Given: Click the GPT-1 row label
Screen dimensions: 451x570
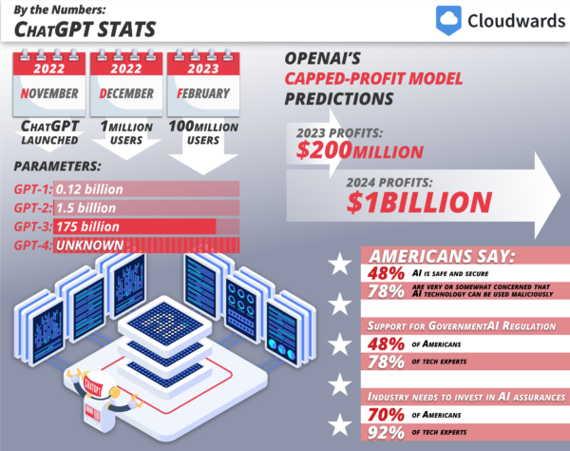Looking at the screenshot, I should [33, 189].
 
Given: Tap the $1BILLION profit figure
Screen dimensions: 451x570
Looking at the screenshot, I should [419, 201].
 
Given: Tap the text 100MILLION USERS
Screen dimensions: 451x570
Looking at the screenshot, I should [204, 132].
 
